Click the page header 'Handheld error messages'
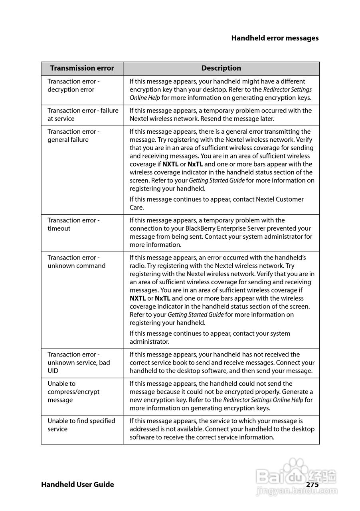(x=275, y=38)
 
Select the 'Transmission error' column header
(x=82, y=68)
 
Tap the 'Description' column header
(x=221, y=68)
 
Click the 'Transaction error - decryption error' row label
(x=73, y=85)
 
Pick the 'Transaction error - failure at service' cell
(x=83, y=115)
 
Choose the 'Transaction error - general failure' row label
(x=73, y=136)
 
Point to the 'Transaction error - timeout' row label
(x=73, y=224)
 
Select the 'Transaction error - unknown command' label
(x=76, y=262)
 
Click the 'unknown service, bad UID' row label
(x=79, y=362)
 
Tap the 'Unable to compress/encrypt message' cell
(x=73, y=392)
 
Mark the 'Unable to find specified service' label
(x=81, y=425)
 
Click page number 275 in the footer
(x=313, y=484)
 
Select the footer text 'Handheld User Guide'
(x=77, y=484)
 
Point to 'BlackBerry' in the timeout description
(x=201, y=229)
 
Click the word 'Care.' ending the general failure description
(x=137, y=208)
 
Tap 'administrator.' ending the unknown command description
(x=149, y=342)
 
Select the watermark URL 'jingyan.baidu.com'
(x=297, y=495)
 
